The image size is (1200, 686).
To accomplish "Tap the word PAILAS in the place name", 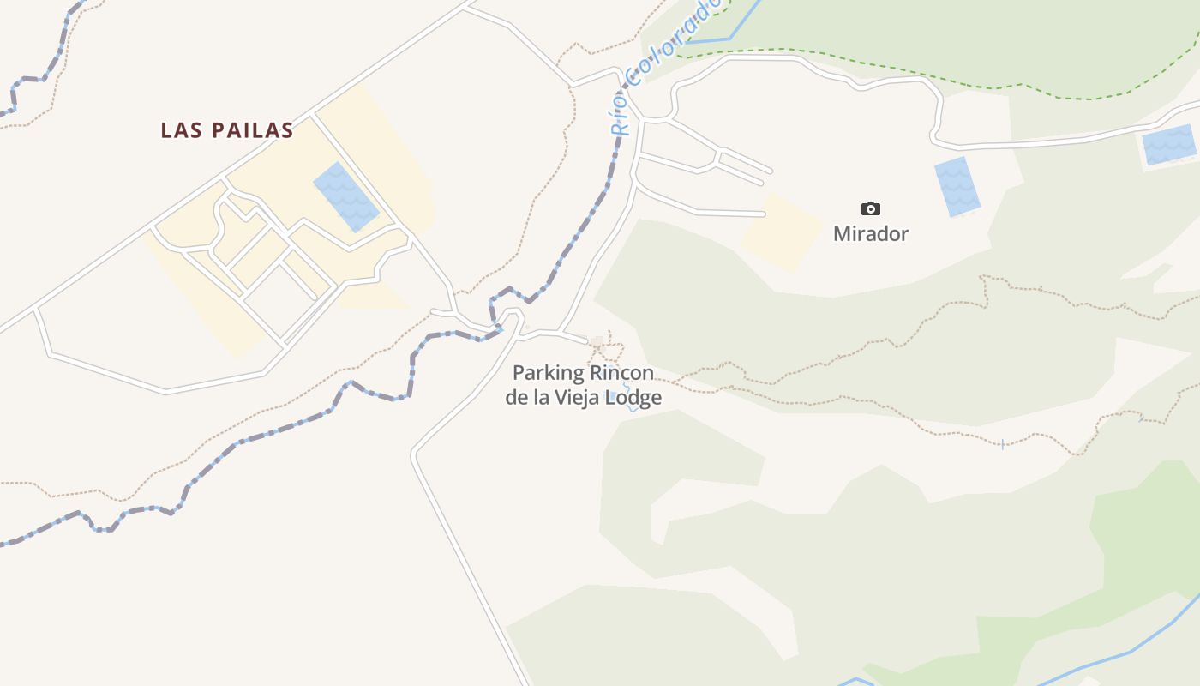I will [x=253, y=130].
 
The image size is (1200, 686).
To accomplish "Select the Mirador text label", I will [x=871, y=233].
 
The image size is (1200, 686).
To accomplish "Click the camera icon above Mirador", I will [x=870, y=208].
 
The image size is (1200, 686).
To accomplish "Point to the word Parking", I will [x=549, y=374].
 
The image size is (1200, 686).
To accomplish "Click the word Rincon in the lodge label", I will [x=622, y=374].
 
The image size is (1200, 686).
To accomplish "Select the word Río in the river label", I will [x=621, y=118].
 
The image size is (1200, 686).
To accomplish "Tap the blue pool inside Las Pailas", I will [x=345, y=196].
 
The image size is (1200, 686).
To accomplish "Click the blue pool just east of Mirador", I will [x=957, y=186].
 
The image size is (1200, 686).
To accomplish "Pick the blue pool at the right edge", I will [x=1168, y=145].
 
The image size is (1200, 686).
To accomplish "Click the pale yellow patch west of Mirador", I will [x=782, y=232].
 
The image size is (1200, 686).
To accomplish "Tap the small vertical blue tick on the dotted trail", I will [x=1002, y=444].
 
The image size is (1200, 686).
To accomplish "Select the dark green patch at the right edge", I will [x=1149, y=532].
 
